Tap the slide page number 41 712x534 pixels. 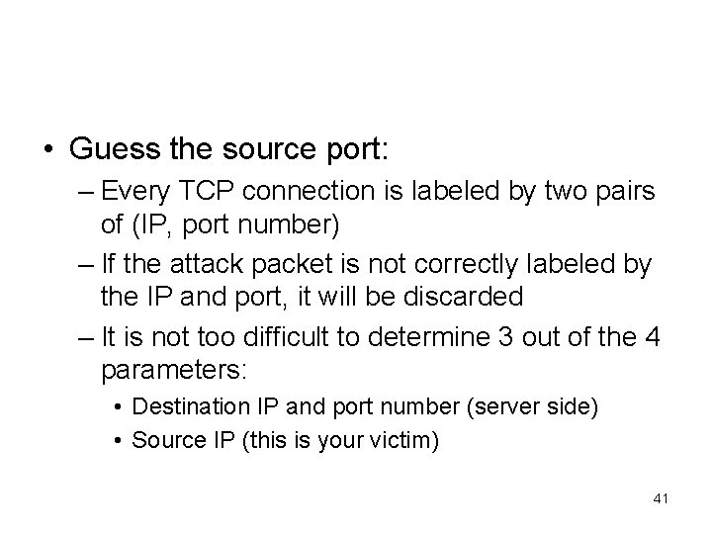(662, 497)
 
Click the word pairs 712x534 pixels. (622, 191)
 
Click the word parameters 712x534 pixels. (174, 369)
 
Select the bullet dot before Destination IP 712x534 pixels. (118, 407)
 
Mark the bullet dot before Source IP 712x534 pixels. (118, 437)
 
